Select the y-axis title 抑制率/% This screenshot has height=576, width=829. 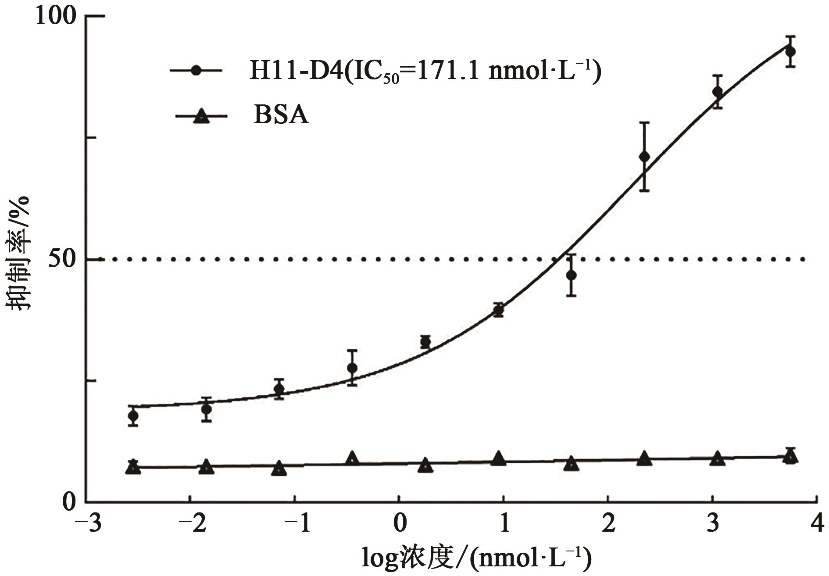[x=18, y=254]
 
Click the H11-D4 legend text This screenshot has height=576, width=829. [x=425, y=71]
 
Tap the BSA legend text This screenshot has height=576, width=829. [x=281, y=116]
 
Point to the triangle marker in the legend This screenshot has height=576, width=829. [x=201, y=116]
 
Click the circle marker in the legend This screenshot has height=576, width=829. [x=197, y=71]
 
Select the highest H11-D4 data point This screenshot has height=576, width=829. [x=790, y=51]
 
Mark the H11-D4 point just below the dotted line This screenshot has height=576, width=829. [x=571, y=275]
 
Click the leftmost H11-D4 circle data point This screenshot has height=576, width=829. [x=133, y=416]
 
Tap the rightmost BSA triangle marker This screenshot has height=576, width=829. [x=790, y=457]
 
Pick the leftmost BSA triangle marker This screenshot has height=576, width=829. [x=133, y=468]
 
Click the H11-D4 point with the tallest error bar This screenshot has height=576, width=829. [x=644, y=157]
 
